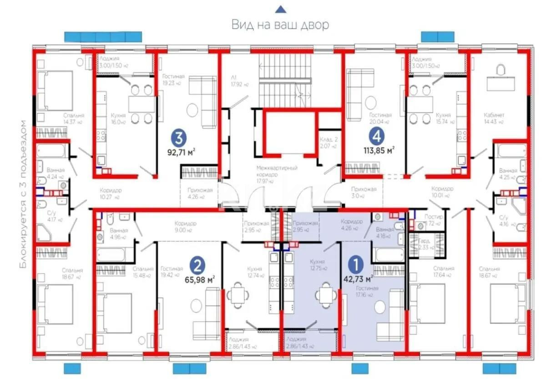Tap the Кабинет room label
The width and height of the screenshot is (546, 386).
494,115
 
